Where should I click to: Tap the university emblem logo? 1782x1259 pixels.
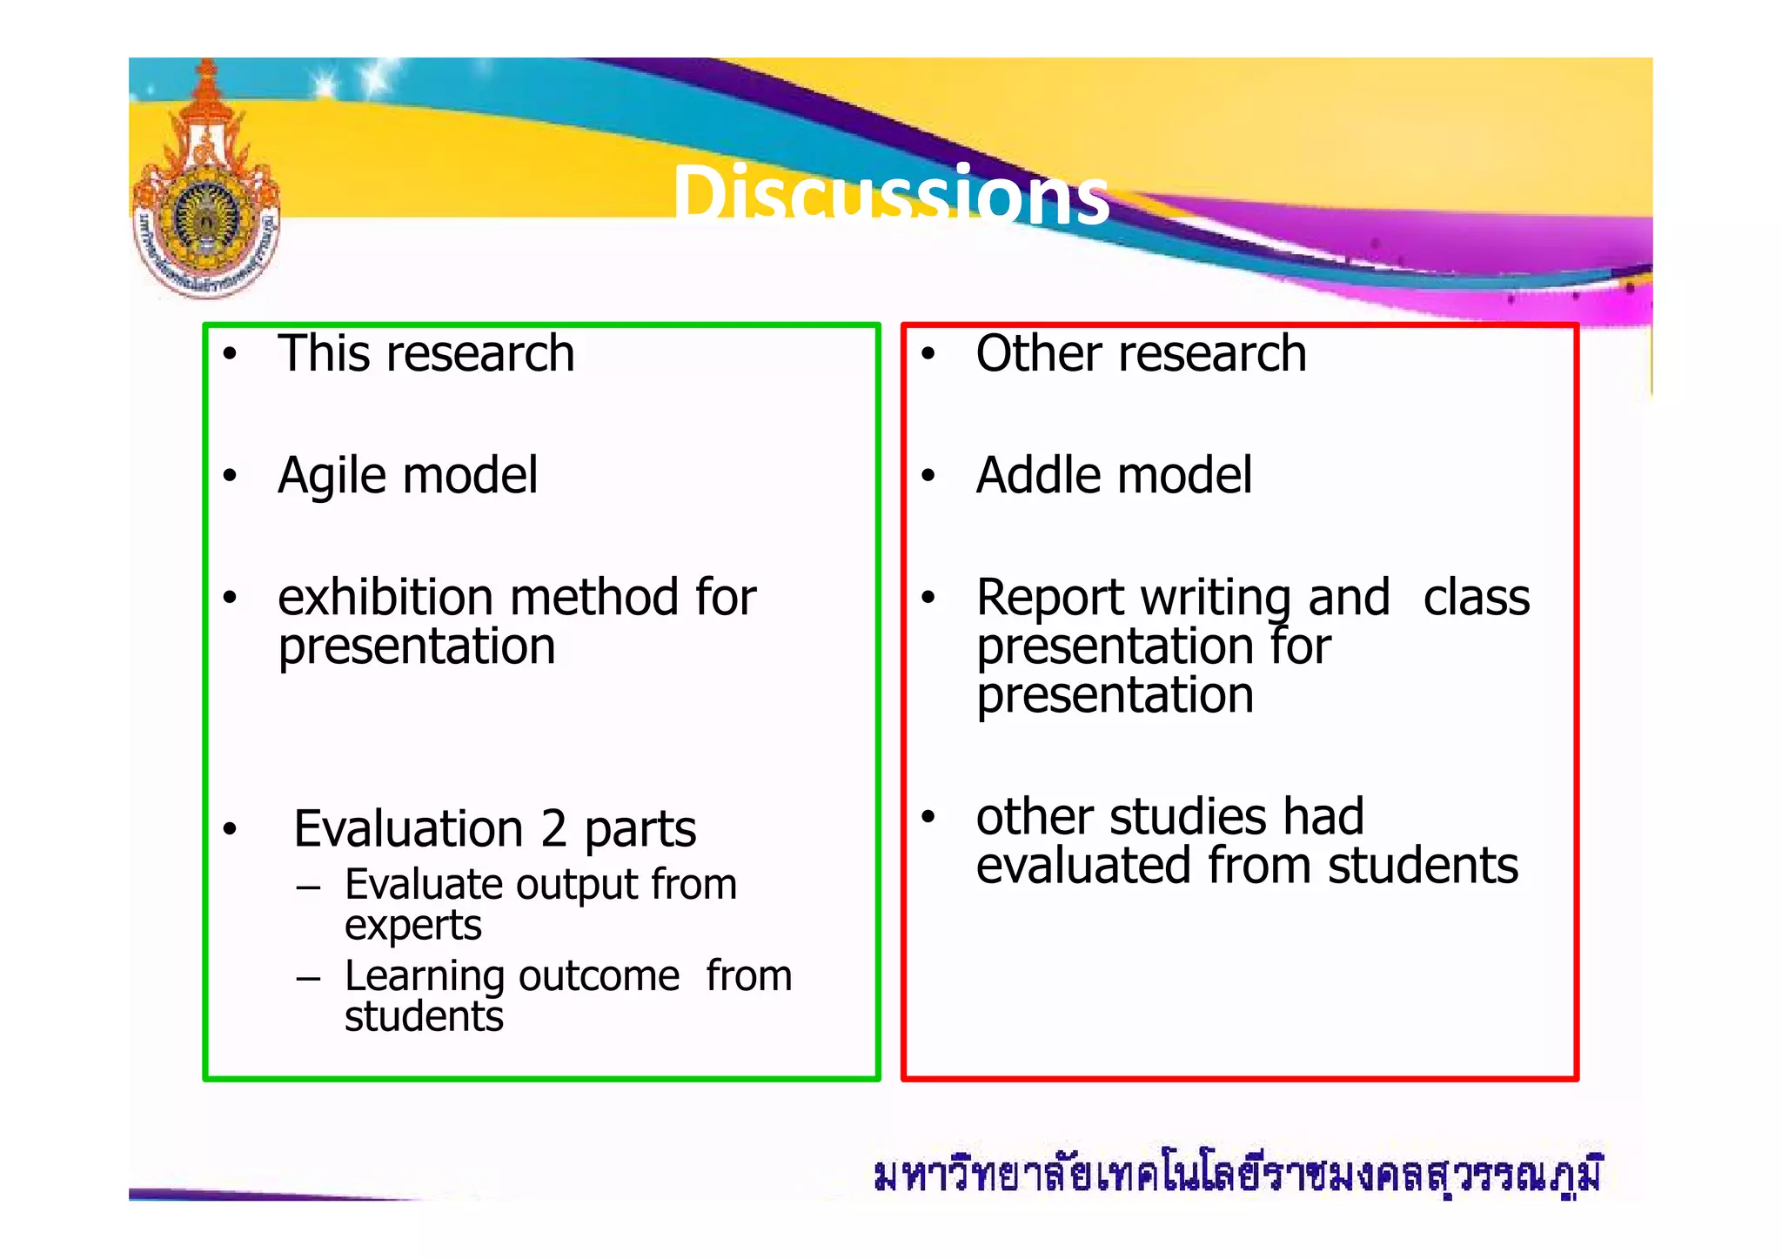(x=206, y=187)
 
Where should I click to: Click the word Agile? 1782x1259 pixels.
(x=332, y=477)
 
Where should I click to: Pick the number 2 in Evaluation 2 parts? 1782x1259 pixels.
(x=553, y=828)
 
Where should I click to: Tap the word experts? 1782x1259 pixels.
(x=412, y=926)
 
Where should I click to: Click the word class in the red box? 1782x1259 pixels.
(x=1476, y=598)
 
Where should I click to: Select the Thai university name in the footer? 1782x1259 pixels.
(x=1236, y=1175)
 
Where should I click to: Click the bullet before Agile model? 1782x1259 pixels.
(x=230, y=476)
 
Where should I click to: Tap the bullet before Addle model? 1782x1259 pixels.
(x=928, y=476)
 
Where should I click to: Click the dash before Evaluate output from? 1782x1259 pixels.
(x=308, y=888)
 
